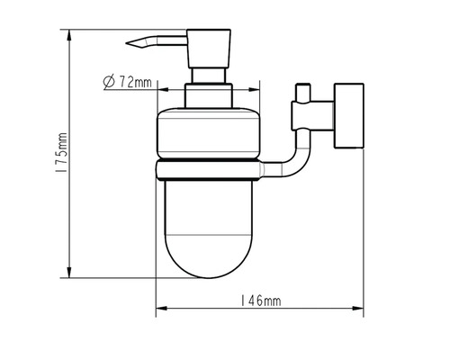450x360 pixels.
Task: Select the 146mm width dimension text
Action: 260,301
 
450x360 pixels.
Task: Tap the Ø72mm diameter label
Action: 126,82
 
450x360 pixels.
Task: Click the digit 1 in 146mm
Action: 243,301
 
